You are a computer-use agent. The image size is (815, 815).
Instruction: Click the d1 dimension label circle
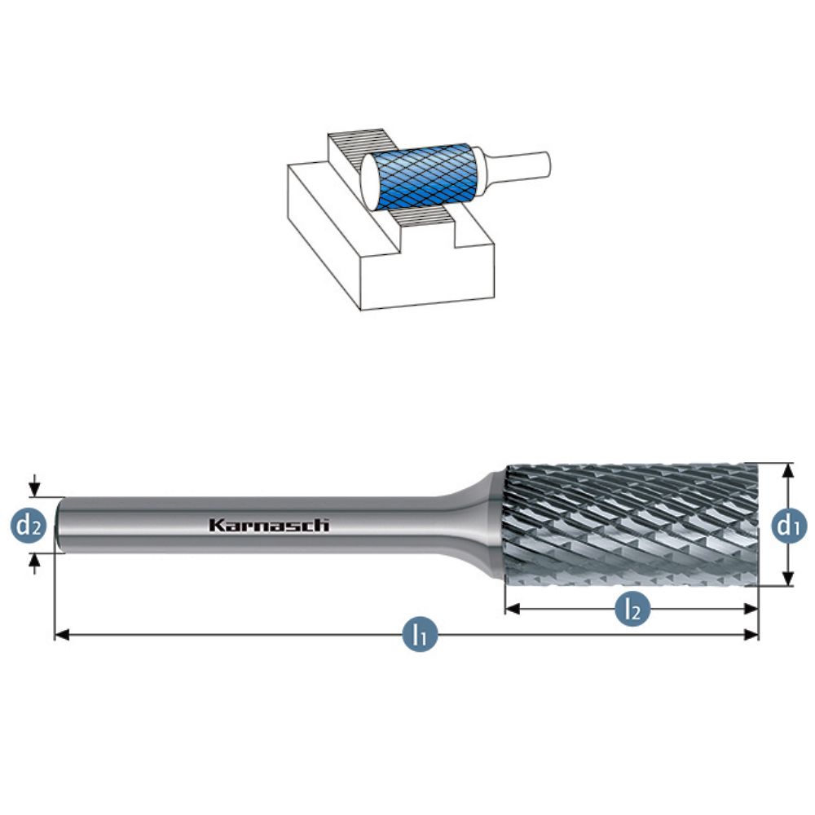point(788,526)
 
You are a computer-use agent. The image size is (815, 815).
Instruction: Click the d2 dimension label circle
point(28,526)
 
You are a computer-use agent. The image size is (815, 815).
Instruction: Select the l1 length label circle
point(420,635)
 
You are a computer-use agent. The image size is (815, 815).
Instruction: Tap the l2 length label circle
point(632,609)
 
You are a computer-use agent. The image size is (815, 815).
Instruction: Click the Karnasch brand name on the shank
point(269,526)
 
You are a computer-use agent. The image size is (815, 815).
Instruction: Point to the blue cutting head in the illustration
point(426,177)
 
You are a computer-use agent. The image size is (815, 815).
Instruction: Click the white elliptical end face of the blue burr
point(372,182)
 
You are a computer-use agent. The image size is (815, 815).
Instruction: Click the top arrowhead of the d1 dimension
point(788,470)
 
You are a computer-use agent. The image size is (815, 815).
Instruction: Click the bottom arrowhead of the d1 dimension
point(788,579)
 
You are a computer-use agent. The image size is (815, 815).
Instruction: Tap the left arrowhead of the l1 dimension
point(63,635)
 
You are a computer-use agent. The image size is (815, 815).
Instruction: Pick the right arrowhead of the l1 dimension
point(751,635)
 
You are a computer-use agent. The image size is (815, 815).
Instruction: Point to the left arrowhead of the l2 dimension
point(513,609)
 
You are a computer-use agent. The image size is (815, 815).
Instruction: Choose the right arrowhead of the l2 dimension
point(751,609)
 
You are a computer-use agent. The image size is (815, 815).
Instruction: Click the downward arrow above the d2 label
point(34,486)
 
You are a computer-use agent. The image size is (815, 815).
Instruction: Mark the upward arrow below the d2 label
point(34,563)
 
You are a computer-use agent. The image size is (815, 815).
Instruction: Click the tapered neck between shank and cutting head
point(476,525)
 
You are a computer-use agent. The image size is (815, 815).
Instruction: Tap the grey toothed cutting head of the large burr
point(632,525)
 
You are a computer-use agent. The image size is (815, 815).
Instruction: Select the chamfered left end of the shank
point(59,525)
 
